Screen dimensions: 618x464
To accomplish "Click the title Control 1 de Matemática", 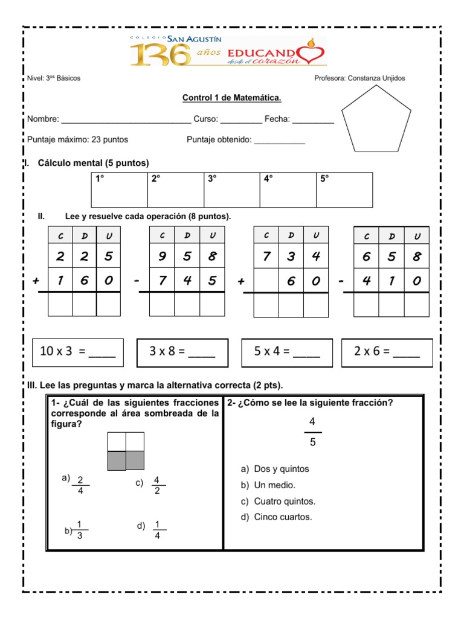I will pos(232,98).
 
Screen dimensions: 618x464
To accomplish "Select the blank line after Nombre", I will pos(126,121).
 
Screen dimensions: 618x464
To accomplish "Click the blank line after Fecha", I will pos(312,121).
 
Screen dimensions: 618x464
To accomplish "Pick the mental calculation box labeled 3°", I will pos(231,190).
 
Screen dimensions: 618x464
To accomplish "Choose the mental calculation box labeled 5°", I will pos(344,190).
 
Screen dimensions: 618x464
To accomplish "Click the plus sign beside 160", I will pos(36,281).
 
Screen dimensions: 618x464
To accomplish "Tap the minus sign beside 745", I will pos(138,281).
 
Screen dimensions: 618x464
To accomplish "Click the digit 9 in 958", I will pos(161,256).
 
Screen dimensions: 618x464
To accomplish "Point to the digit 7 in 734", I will pos(266,256).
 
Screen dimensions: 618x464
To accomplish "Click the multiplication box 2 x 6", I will pos(387,352).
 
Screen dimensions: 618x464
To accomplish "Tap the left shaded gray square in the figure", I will pos(116,460).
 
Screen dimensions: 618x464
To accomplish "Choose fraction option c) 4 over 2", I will pos(156,485).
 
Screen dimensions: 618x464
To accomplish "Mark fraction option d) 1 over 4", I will pos(156,529).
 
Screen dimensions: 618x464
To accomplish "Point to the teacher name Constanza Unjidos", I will pos(360,78).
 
